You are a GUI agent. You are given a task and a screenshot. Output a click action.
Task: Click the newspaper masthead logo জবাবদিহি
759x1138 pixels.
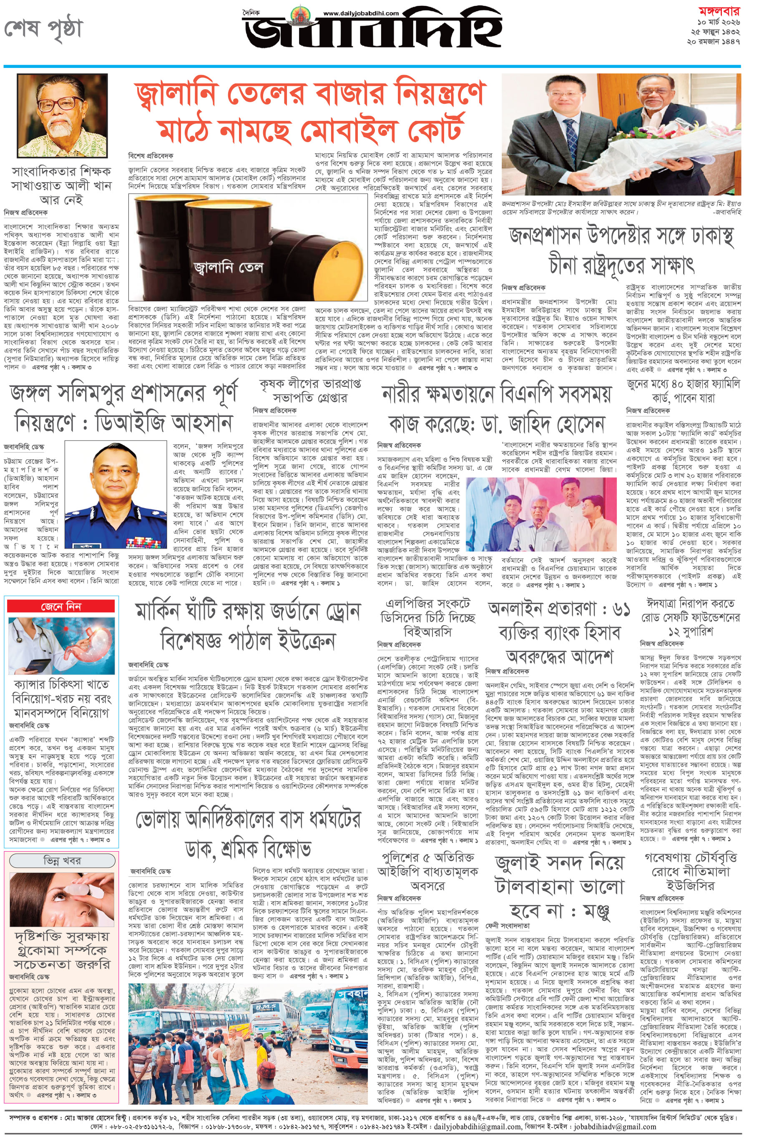373,34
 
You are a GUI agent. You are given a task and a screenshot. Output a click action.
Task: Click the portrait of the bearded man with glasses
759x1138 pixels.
62,115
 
